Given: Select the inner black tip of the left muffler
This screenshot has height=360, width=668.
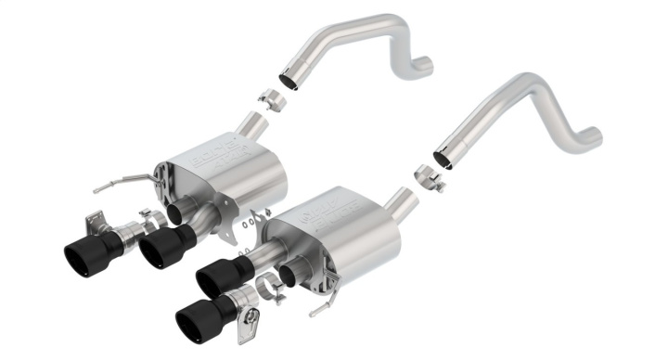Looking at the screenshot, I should [165, 245].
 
